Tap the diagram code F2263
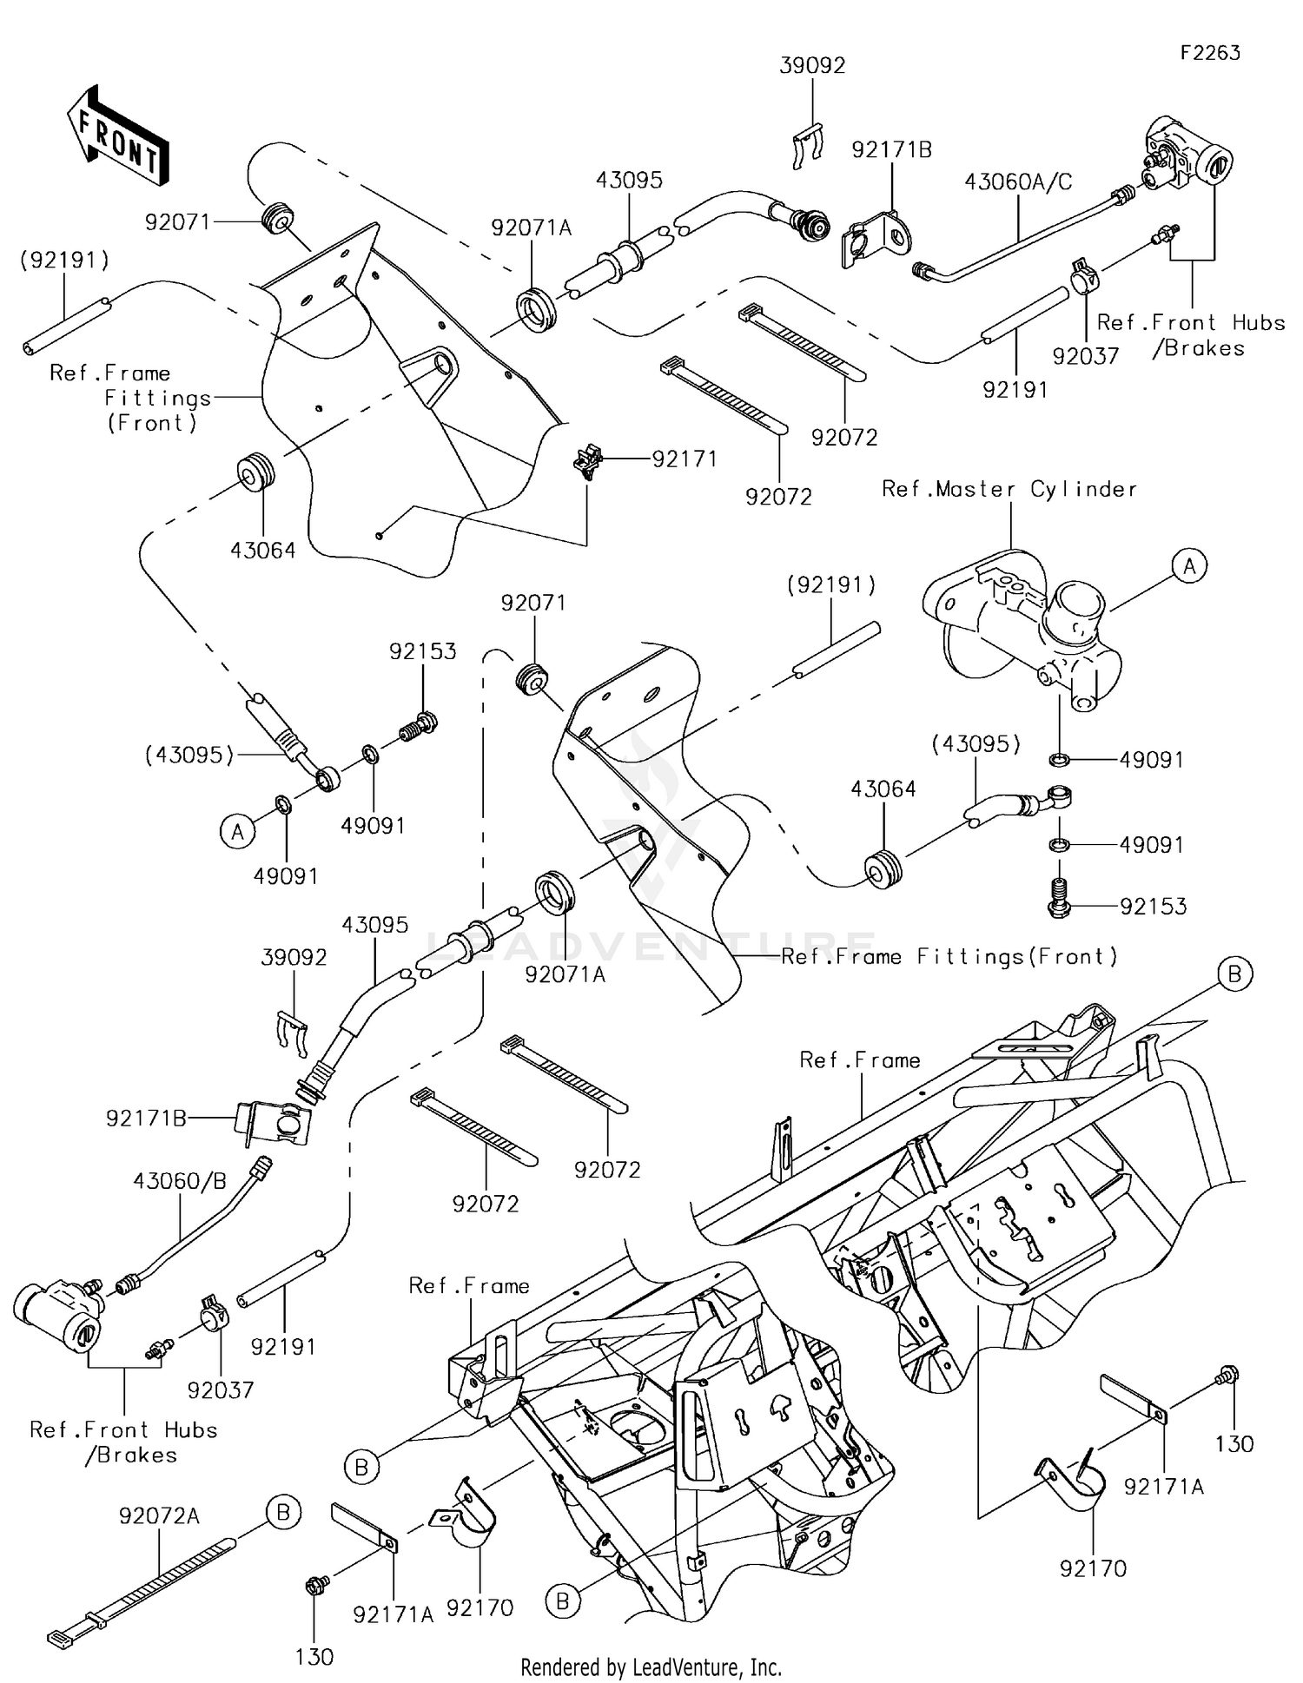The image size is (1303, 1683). click(x=1209, y=53)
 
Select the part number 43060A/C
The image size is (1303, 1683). click(x=1017, y=181)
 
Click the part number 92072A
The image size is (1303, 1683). click(x=159, y=1516)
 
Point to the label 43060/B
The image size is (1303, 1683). click(x=179, y=1181)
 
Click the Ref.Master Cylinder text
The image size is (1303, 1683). click(x=1009, y=489)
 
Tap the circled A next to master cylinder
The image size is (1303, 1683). click(x=1189, y=566)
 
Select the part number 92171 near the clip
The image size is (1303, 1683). click(x=685, y=459)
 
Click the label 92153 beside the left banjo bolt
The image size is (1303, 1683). click(x=422, y=651)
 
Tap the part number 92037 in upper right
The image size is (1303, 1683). click(x=1085, y=356)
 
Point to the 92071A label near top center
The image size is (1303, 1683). click(x=531, y=228)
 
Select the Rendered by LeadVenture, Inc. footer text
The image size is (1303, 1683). click(x=651, y=1667)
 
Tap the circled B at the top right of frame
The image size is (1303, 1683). click(x=1234, y=974)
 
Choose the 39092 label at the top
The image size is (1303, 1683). click(x=812, y=66)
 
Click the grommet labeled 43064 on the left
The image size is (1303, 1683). click(x=257, y=474)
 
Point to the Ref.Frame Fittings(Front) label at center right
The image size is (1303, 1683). click(x=949, y=957)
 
